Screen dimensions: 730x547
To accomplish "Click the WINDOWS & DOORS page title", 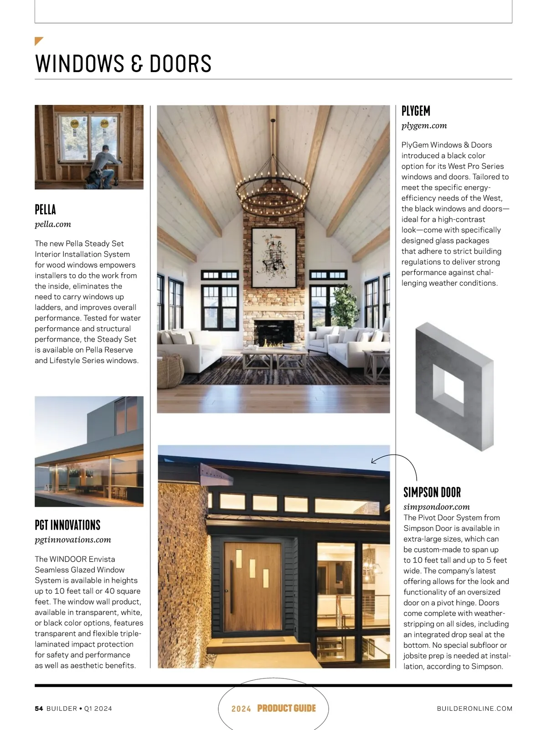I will (123, 63).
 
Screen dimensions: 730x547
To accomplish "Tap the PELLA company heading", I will (46, 209).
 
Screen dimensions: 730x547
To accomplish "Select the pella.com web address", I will (53, 224).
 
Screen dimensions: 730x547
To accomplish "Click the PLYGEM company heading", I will (416, 111).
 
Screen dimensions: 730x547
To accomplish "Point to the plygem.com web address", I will (424, 125).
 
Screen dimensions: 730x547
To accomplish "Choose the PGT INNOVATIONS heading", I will (67, 525).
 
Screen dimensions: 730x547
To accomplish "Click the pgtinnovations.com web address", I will (73, 539).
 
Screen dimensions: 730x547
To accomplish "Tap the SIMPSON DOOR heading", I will (432, 492).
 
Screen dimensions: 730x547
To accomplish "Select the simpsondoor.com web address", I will (436, 506).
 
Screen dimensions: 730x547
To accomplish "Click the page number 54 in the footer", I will (39, 709).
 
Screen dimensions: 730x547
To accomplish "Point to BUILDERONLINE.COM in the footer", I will (475, 709).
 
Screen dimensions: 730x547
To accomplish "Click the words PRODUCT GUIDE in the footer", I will (286, 708).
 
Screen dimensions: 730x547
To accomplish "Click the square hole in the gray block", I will (447, 387).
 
